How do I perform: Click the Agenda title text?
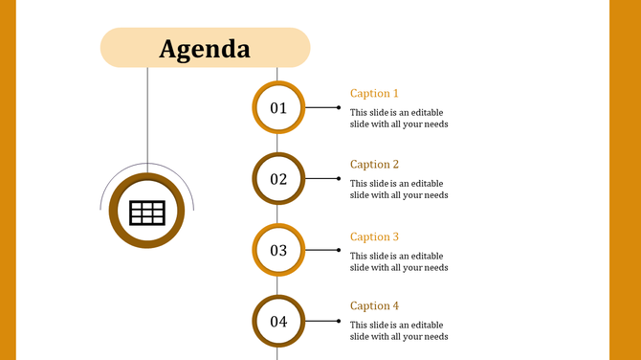205,48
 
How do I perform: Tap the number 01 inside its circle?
278,108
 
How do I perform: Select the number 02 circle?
278,179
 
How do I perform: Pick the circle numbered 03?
278,251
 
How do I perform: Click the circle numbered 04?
278,322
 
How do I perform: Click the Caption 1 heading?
374,94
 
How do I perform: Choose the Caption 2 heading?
374,165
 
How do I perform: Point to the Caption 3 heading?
374,236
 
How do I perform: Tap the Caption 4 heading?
374,306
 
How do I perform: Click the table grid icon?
147,213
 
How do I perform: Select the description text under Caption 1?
398,118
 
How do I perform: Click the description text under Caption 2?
398,189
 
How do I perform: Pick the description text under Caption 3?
398,261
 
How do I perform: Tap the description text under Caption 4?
398,330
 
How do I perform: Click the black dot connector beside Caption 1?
338,107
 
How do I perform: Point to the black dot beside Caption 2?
338,178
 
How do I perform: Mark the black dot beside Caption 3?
338,250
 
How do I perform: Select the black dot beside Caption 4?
338,321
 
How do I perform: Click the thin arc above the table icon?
147,164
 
